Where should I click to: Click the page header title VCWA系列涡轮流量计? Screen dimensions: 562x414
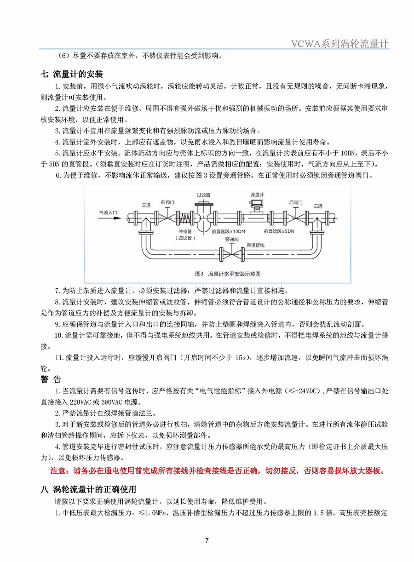point(340,44)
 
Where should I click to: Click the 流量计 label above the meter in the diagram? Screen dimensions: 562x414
point(257,195)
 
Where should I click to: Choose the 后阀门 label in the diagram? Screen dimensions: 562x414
point(296,202)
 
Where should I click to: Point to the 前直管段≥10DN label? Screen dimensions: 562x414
point(226,231)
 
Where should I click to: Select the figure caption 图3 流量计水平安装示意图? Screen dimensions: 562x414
point(228,273)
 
